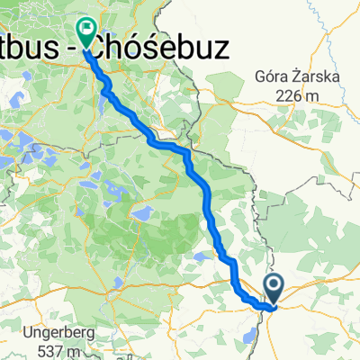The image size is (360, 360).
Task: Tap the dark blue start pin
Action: tap(274, 290)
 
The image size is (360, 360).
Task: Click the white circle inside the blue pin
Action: tap(274, 286)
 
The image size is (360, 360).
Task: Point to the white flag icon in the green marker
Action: tap(86, 28)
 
